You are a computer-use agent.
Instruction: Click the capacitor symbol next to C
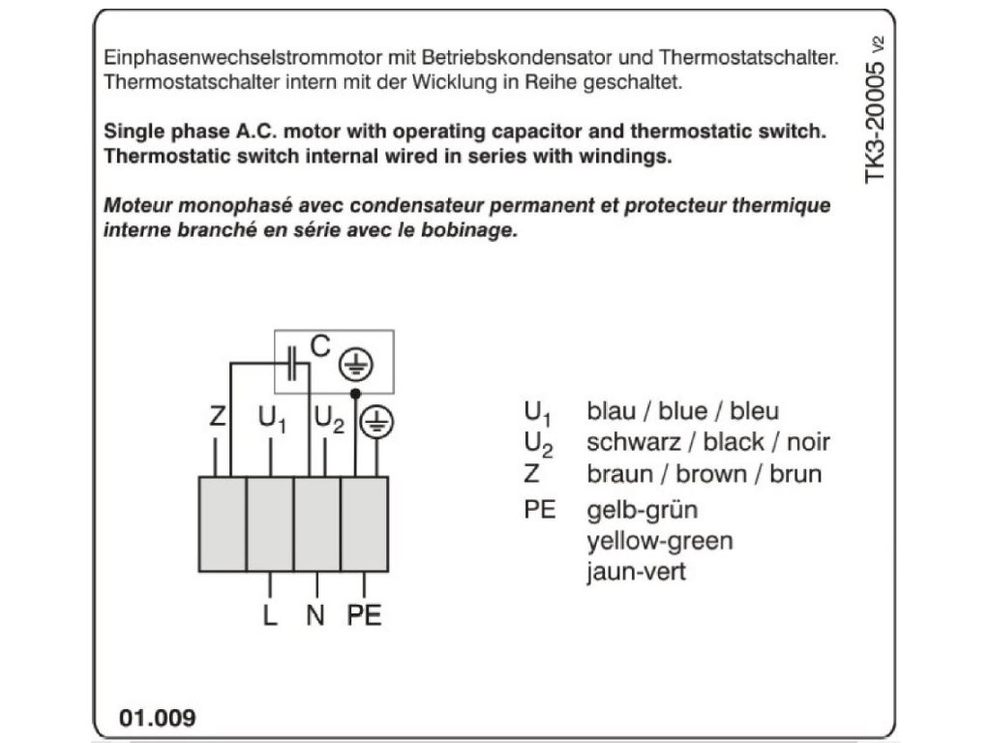pyautogui.click(x=293, y=365)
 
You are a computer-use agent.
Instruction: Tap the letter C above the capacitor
pyautogui.click(x=320, y=344)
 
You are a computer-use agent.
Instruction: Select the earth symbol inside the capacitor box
pyautogui.click(x=355, y=366)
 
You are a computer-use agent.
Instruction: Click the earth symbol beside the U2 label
pyautogui.click(x=376, y=422)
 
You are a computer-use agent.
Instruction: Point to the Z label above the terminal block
pyautogui.click(x=217, y=418)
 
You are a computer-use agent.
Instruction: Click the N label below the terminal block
pyautogui.click(x=315, y=614)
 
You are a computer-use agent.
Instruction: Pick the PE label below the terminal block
pyautogui.click(x=364, y=614)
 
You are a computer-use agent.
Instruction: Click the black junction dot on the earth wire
pyautogui.click(x=355, y=394)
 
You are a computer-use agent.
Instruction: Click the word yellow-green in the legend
pyautogui.click(x=659, y=540)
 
